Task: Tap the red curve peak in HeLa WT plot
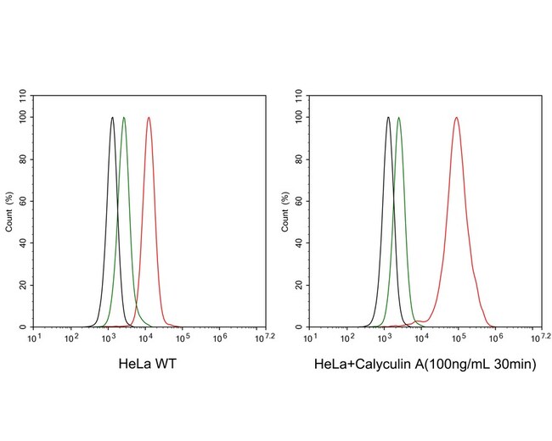pos(149,118)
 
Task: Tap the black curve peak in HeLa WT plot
pos(112,118)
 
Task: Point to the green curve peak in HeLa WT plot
pos(124,118)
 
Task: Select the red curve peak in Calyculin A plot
pos(456,118)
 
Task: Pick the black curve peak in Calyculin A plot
pos(388,118)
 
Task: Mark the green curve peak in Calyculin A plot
pos(399,118)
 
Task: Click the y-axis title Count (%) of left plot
pos(9,211)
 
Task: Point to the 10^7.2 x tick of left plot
pos(263,338)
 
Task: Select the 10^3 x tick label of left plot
pos(108,338)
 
